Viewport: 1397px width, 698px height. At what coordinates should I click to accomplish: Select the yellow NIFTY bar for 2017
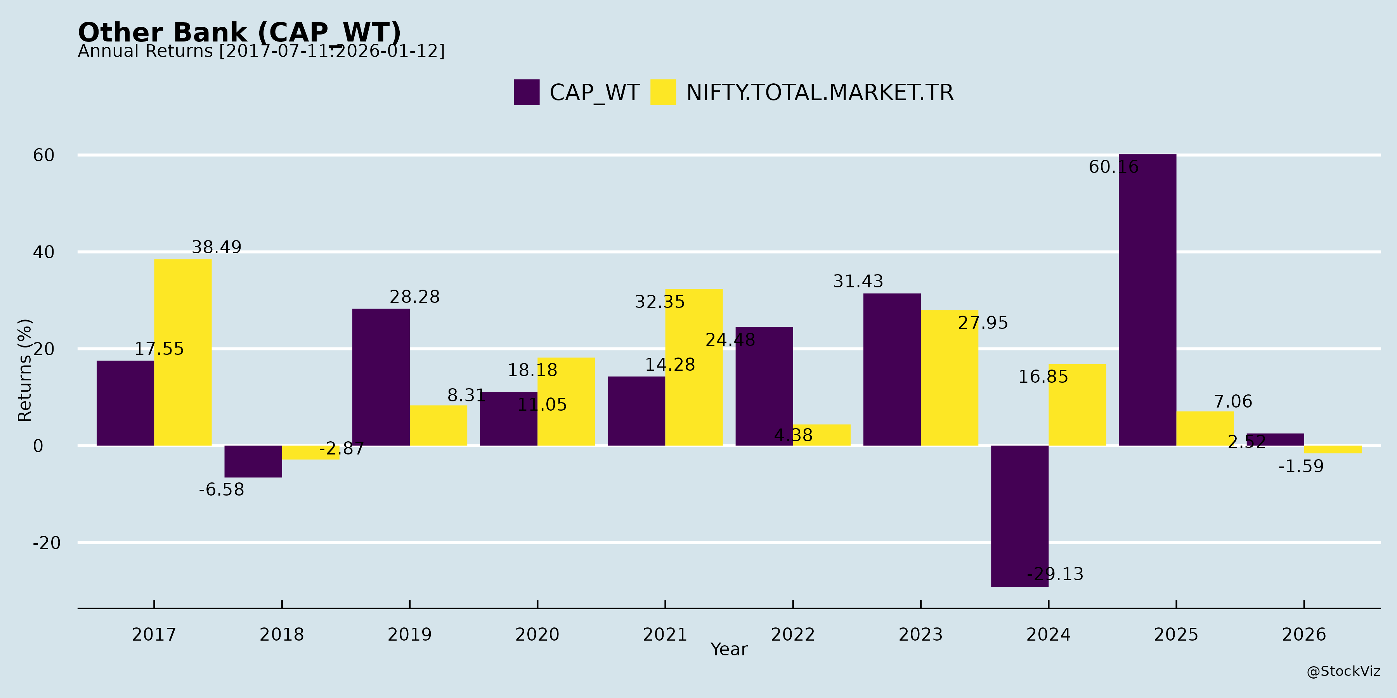pyautogui.click(x=183, y=352)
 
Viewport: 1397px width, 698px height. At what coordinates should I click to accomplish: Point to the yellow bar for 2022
pyautogui.click(x=822, y=435)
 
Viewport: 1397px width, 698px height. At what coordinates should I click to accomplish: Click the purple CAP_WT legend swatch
pyautogui.click(x=527, y=92)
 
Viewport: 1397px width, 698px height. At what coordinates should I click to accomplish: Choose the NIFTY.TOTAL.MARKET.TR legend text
pyautogui.click(x=820, y=93)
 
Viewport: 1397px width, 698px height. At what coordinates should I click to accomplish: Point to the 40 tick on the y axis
pyautogui.click(x=43, y=252)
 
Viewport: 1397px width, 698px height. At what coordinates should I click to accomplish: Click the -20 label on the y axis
pyautogui.click(x=47, y=543)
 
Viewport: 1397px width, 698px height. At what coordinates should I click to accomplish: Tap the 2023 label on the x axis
pyautogui.click(x=920, y=634)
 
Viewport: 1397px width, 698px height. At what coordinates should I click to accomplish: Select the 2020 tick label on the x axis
pyautogui.click(x=537, y=634)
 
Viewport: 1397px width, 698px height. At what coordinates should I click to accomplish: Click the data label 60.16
pyautogui.click(x=1113, y=167)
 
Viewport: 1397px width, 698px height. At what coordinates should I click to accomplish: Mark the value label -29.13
pyautogui.click(x=1055, y=574)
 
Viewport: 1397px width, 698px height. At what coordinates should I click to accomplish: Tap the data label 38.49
pyautogui.click(x=217, y=247)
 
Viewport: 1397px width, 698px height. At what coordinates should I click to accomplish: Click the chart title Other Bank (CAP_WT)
pyautogui.click(x=239, y=33)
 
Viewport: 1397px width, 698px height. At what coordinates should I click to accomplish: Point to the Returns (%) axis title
pyautogui.click(x=25, y=370)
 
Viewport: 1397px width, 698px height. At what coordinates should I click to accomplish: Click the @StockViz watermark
pyautogui.click(x=1343, y=672)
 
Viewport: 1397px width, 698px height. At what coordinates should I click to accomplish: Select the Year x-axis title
pyautogui.click(x=729, y=649)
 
